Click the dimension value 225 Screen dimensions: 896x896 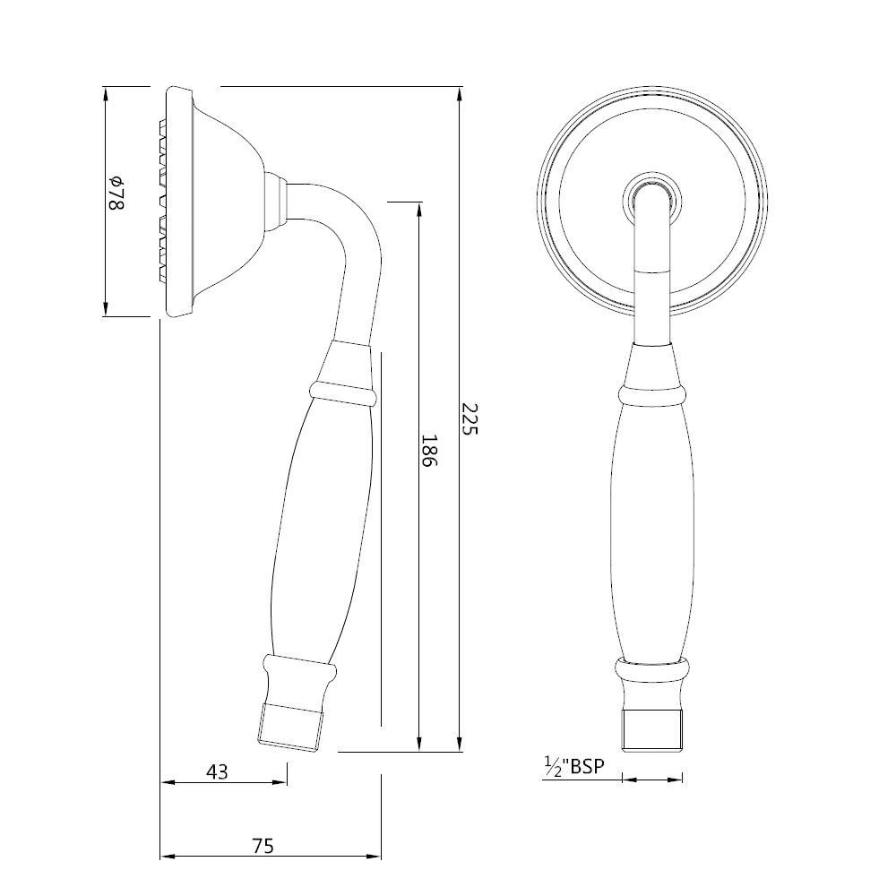(x=470, y=419)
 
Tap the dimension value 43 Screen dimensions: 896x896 (x=218, y=771)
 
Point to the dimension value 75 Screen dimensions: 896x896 (x=262, y=845)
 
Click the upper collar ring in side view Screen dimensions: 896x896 (x=341, y=392)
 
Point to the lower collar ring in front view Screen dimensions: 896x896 (x=652, y=669)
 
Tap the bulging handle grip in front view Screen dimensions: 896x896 (x=652, y=529)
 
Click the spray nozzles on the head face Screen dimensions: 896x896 (x=164, y=202)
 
